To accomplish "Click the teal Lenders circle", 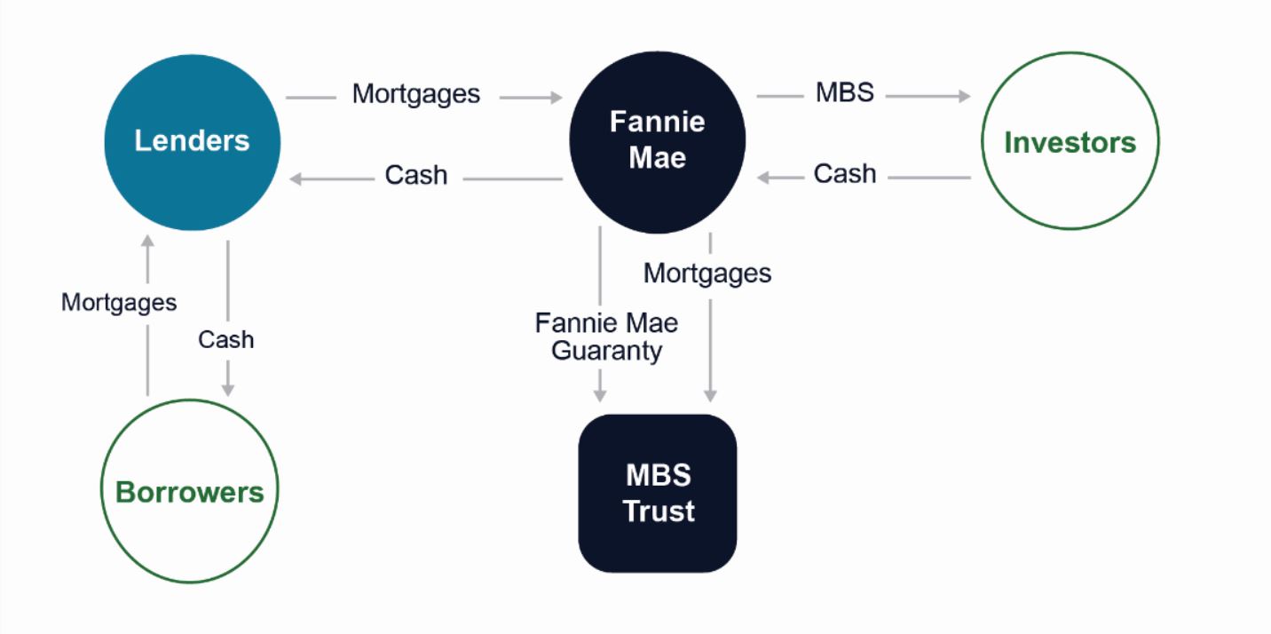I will point(192,142).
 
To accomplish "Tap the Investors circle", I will point(1070,142).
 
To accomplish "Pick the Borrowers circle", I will point(190,492).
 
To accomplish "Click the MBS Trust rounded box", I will point(658,493).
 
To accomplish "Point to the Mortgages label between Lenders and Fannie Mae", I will point(415,94).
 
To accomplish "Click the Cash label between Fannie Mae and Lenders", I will point(415,176).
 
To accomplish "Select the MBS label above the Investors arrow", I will point(844,92).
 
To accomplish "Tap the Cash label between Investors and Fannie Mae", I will point(844,174).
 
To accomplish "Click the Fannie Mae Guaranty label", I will point(606,337).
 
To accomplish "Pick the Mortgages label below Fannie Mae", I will point(707,273).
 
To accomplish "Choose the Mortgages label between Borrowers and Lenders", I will point(119,303).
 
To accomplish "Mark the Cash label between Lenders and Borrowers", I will point(225,340).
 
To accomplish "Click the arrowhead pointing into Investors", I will point(965,96).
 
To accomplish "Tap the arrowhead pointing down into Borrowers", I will point(228,390).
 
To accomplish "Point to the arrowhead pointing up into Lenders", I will point(147,242).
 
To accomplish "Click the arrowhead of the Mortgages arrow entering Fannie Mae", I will point(557,98).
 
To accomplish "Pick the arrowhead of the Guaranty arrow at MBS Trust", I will point(600,395).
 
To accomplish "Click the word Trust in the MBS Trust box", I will point(659,511).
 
